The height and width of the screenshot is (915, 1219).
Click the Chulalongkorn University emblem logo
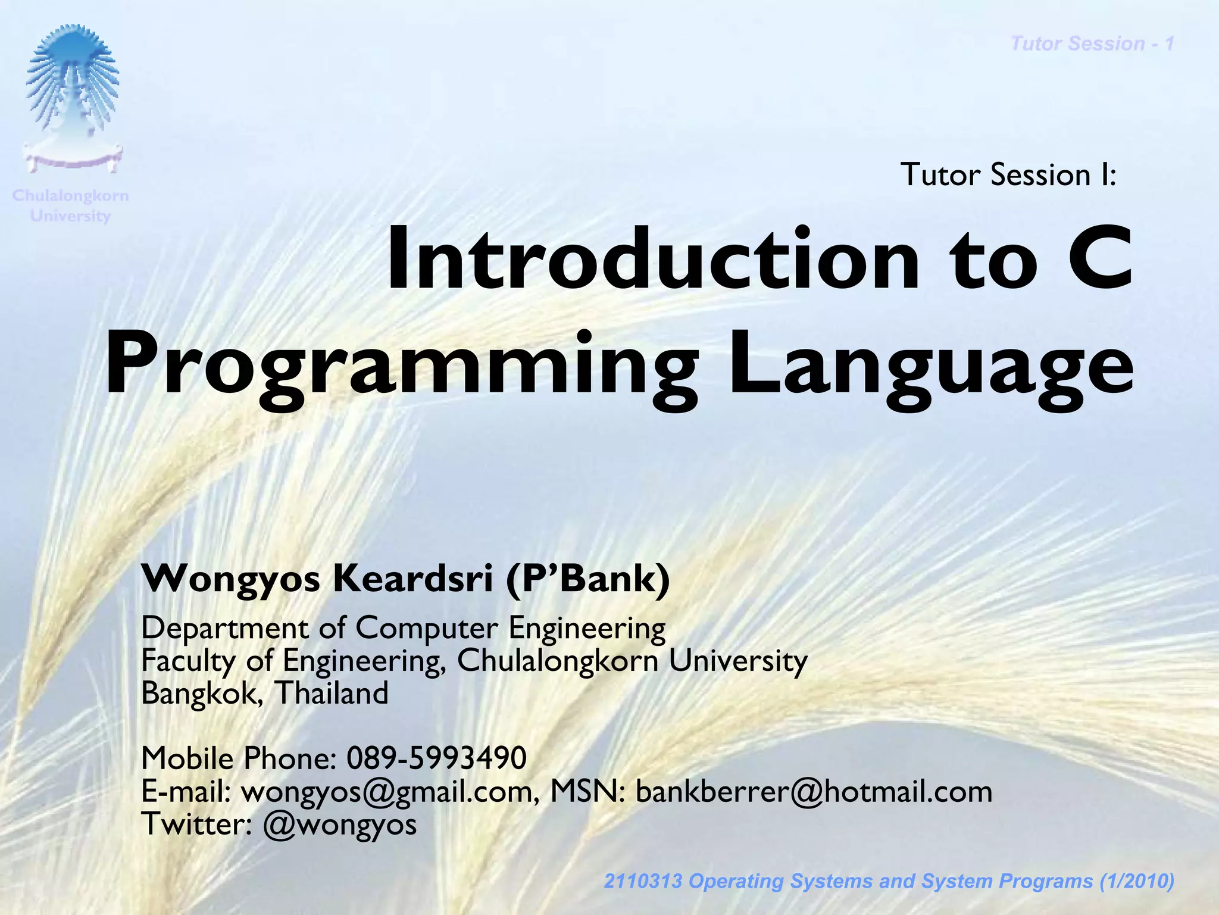click(x=72, y=98)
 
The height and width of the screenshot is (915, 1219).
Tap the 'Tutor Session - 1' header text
click(x=1092, y=43)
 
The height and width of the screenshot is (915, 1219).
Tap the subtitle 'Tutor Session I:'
click(x=1008, y=174)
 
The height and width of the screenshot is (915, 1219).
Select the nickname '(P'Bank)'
click(x=588, y=579)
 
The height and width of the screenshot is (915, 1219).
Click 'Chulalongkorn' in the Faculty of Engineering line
click(x=558, y=661)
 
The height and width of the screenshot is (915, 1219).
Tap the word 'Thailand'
click(x=332, y=694)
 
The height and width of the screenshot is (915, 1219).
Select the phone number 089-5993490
click(x=436, y=758)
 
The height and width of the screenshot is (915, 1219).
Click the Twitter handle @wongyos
click(x=340, y=825)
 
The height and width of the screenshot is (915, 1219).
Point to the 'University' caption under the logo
click(x=70, y=216)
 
